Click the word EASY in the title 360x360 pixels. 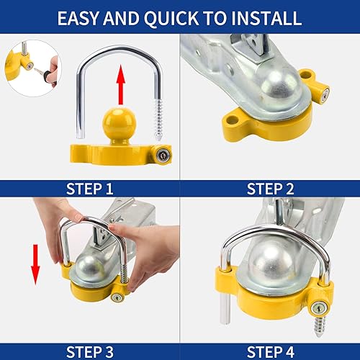[x=81, y=17]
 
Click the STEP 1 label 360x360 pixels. [x=89, y=189]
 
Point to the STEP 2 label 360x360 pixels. [x=271, y=189]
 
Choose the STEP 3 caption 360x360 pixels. [x=89, y=351]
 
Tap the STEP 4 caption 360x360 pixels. [x=271, y=351]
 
